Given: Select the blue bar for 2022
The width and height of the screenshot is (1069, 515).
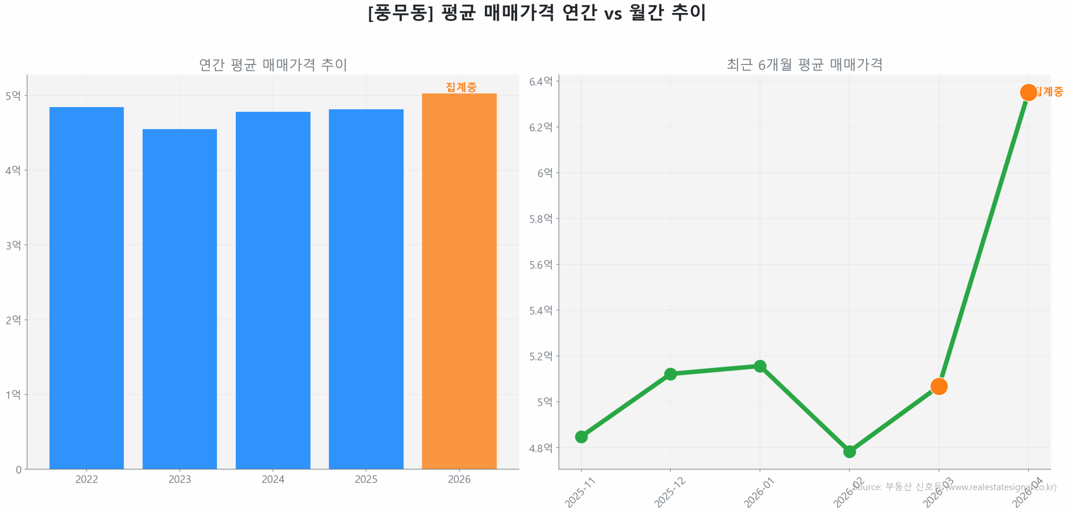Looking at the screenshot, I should tap(86, 288).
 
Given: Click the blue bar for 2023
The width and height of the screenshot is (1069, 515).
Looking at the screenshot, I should tap(180, 299).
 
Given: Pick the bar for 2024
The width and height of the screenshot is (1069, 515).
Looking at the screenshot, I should tap(273, 290).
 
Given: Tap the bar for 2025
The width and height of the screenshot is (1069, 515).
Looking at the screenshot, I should tap(366, 289).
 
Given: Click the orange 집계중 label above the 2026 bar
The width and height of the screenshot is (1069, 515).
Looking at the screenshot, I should tap(461, 87).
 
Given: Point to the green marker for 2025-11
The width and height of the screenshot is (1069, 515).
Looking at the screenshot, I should tap(581, 437).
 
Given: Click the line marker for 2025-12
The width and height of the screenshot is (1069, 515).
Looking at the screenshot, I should tap(670, 374).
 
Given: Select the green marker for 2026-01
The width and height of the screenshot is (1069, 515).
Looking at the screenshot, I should tap(760, 366).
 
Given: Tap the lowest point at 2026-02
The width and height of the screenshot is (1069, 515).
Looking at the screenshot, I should tap(849, 451).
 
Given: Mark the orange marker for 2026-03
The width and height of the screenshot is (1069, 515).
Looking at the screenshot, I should tap(939, 386).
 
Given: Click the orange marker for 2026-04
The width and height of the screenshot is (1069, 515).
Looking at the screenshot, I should tap(1028, 92).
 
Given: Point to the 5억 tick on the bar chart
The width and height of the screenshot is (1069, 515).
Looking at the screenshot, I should tap(13, 95).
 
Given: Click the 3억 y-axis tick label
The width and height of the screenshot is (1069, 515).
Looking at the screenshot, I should tap(13, 245).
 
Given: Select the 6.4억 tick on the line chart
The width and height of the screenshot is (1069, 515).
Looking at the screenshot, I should tap(540, 81).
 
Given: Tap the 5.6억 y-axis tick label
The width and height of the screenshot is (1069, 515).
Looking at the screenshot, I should tap(540, 264).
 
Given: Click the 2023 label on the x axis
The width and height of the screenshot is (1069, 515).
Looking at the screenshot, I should tap(180, 479).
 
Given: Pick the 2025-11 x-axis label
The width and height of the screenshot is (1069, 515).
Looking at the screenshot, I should tap(580, 492).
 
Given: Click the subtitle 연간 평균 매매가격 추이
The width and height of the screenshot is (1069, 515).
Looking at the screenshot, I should tap(273, 65).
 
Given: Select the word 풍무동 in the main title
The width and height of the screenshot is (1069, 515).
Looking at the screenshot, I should tap(400, 13).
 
